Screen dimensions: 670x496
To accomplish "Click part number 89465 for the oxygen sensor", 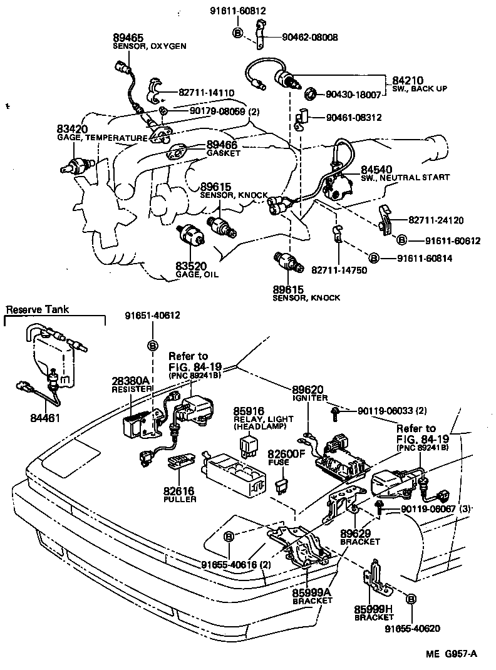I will [x=127, y=37].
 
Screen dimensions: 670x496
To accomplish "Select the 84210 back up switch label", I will [x=408, y=81].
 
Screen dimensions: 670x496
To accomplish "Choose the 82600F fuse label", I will [x=285, y=453].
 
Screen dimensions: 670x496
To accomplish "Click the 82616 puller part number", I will [x=180, y=491].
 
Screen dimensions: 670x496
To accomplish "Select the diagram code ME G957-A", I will [x=452, y=654].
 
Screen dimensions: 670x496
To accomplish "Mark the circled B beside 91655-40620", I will [x=411, y=599].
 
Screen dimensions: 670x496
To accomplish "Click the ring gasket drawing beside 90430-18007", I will [x=310, y=95].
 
